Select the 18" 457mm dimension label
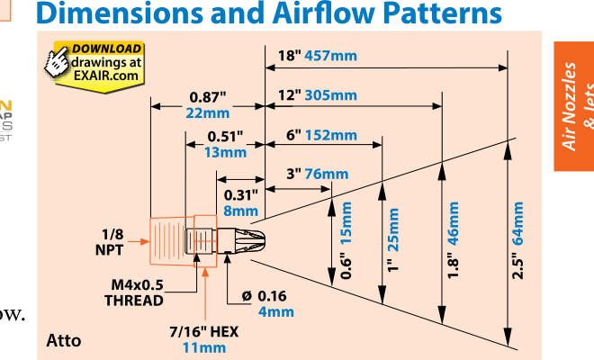coord(317,55)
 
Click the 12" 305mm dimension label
coord(317,95)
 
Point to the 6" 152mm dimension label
coord(321,135)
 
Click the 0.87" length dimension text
coord(208,96)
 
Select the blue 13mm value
coord(225,152)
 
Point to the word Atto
coord(63,340)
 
